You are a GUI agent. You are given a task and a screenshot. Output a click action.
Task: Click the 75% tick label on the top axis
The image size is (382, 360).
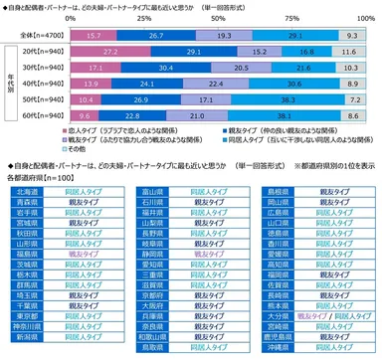(295, 18)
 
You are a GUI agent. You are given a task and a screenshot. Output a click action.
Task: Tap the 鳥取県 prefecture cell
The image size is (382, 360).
(150, 350)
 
